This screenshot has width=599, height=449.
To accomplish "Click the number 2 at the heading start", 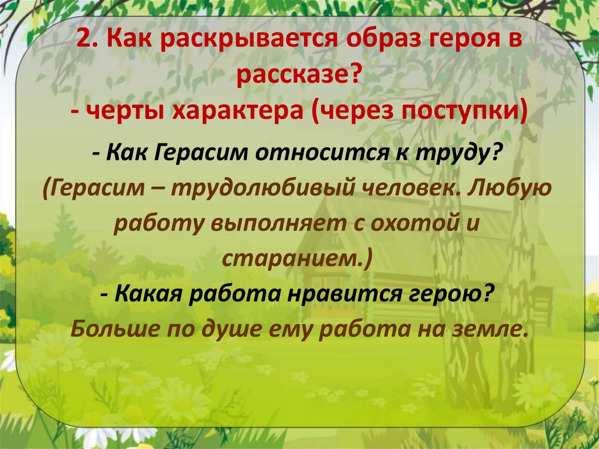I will click(82, 42).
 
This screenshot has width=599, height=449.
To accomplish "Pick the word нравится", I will click(352, 293).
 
